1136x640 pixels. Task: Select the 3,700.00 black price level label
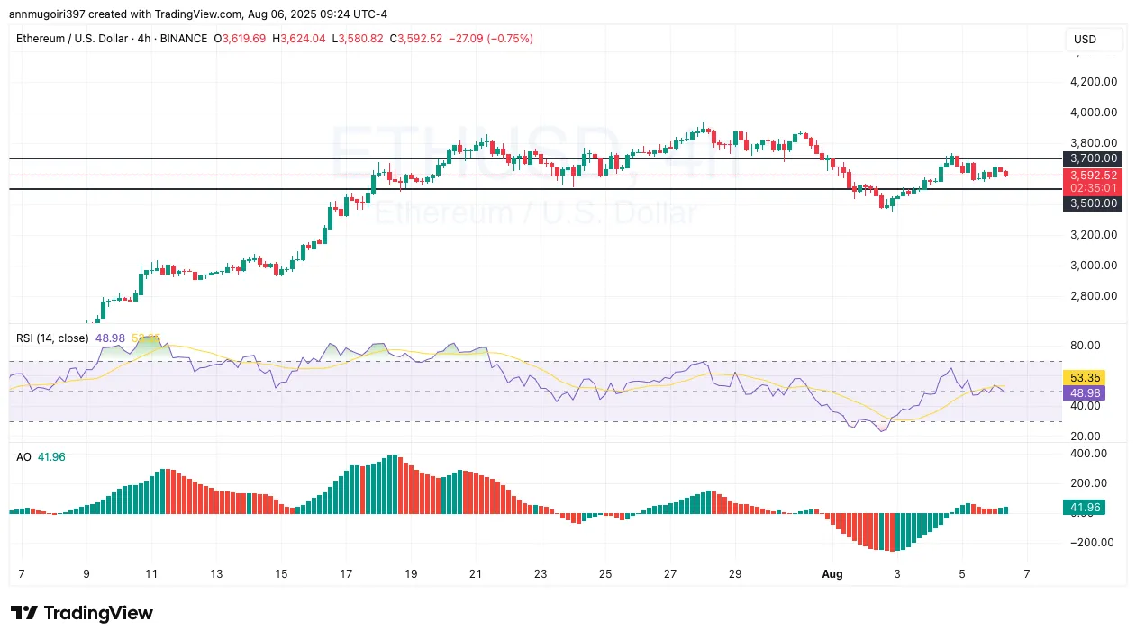[x=1093, y=158]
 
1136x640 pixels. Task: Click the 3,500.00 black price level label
[x=1093, y=203]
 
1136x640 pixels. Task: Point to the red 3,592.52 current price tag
[x=1093, y=176]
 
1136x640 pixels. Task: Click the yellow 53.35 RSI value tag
[x=1084, y=377]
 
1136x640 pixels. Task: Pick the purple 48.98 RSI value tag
[x=1084, y=393]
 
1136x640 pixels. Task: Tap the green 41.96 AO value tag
[x=1084, y=508]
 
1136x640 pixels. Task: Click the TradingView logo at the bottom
[x=82, y=613]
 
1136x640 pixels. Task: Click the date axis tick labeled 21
[x=476, y=573]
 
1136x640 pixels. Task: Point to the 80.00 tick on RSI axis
[x=1085, y=346]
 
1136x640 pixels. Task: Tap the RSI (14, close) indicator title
[x=52, y=338]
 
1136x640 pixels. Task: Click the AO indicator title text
[x=24, y=457]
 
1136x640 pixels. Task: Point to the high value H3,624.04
[x=304, y=39]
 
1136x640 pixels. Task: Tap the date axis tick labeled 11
[x=151, y=573]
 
